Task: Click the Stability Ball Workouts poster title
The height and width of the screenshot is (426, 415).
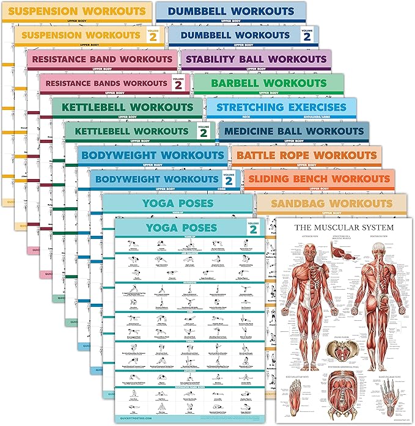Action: (255, 59)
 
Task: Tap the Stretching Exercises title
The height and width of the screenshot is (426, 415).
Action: (281, 108)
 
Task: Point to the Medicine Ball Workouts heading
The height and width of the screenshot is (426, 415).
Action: (293, 131)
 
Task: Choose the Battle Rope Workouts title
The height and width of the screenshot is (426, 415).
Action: (306, 155)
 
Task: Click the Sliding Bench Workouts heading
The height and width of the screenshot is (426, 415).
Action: (319, 179)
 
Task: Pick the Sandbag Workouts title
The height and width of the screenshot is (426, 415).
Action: (332, 203)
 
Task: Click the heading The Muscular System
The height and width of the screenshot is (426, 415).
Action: (345, 228)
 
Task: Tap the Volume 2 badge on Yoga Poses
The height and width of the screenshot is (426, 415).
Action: (252, 229)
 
